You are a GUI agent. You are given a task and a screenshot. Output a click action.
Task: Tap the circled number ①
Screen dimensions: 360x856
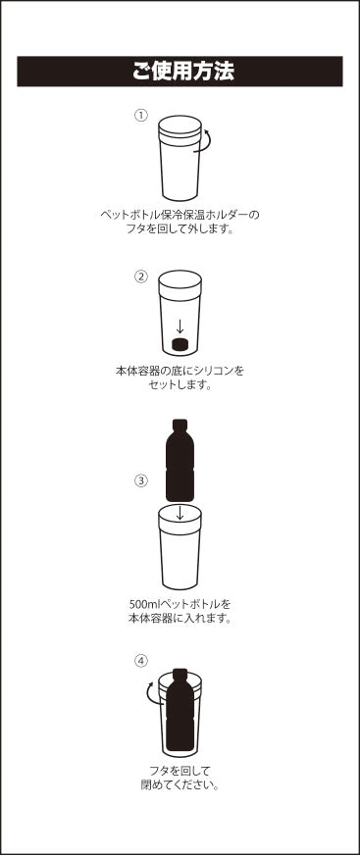141,115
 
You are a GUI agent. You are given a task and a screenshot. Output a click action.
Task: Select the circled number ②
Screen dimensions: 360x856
141,277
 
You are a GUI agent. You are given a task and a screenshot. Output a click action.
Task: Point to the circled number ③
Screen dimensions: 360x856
141,481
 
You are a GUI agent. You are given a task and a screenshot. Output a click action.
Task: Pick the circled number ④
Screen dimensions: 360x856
141,661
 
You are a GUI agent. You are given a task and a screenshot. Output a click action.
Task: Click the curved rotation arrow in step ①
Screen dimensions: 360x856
208,141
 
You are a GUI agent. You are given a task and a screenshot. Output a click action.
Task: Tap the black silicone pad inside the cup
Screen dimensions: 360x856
180,344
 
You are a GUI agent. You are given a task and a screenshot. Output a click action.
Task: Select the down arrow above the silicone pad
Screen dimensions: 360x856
180,327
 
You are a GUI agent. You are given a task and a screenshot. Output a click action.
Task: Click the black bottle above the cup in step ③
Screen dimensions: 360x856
180,460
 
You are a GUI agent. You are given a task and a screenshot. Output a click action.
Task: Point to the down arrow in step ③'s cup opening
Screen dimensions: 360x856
180,513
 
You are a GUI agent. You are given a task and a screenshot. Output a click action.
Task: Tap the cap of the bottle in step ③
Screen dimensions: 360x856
180,425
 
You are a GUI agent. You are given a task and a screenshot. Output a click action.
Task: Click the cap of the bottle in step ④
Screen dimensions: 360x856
180,673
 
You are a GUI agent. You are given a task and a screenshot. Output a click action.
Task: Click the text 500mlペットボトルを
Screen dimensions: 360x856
180,604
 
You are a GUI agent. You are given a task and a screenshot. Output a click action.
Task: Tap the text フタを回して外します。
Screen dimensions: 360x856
180,228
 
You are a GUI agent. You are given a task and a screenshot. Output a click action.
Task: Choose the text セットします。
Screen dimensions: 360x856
180,384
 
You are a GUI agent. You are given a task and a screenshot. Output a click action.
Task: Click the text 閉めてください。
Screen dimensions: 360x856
180,786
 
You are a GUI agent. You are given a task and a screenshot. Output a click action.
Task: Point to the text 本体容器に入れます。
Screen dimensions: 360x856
180,619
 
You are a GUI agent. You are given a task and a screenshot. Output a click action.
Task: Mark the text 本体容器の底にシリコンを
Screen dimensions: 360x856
180,371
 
